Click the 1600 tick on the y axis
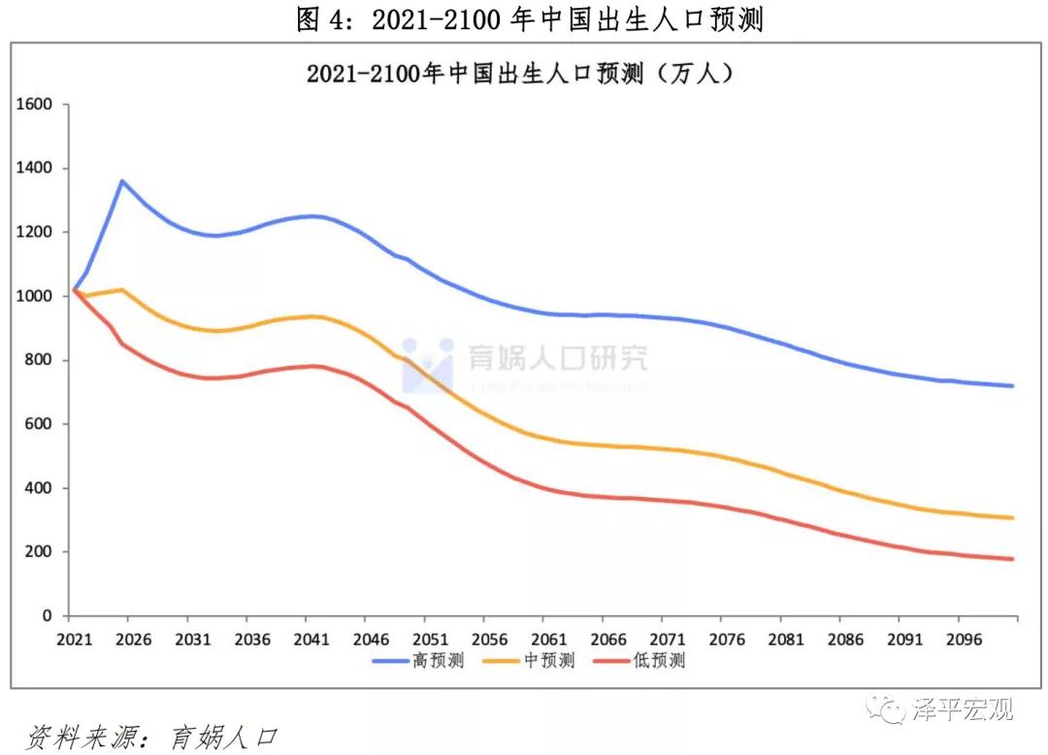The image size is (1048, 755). (35, 105)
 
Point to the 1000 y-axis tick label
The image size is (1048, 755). (35, 296)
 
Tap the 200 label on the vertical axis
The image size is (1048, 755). (42, 552)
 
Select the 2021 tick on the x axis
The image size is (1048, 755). (74, 640)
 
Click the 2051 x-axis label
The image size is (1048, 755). (430, 640)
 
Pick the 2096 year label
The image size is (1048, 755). (959, 640)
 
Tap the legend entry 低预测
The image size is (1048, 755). (660, 661)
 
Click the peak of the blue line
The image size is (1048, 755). (122, 181)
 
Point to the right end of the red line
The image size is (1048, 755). (1013, 559)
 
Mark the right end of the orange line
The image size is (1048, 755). (1013, 518)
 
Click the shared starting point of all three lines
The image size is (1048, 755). (74, 290)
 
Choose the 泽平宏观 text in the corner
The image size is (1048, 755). (961, 709)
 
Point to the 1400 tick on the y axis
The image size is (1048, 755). (35, 169)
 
